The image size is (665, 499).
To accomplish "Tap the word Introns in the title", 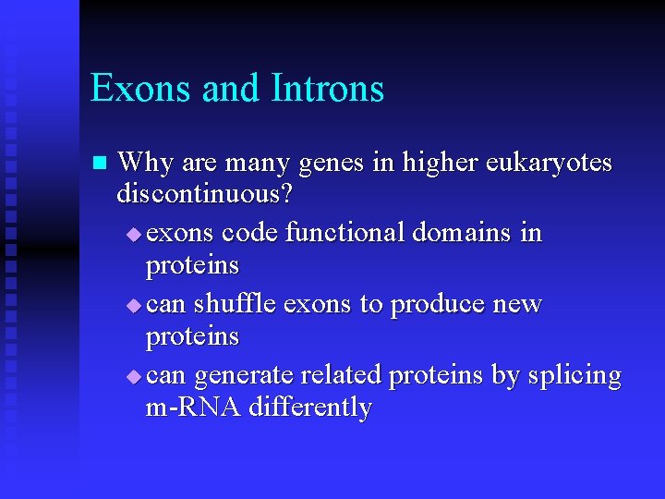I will (x=328, y=89).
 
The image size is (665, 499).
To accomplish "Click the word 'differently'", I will (x=311, y=408).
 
